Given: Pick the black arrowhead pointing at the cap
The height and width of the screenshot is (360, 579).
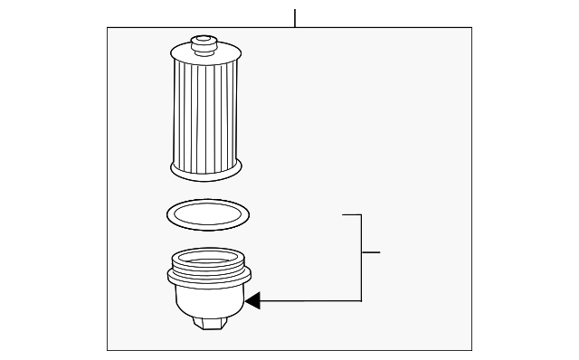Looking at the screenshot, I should coord(252,300).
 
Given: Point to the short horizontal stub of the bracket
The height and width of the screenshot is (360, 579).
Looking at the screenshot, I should coord(371,251).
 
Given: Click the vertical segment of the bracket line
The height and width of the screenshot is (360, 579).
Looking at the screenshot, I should coord(362,262).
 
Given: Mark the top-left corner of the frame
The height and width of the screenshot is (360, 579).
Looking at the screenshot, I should coord(108,28).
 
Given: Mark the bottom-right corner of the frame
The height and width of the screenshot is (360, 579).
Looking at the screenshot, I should coord(471,350).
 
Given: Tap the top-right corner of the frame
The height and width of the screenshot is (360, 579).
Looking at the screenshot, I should coord(471,28).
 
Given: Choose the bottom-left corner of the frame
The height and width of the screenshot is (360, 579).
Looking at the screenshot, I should coord(108,350).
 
